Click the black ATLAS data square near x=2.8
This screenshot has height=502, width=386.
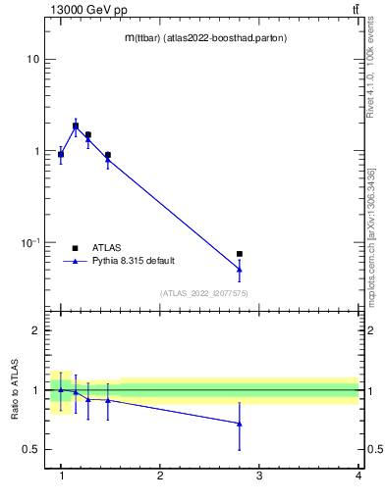coord(240,254)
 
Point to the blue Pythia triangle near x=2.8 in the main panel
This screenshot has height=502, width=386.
coord(240,269)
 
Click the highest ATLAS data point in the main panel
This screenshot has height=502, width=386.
coord(76,125)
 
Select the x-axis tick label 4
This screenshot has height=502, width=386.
coord(358,476)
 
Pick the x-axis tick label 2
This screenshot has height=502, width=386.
coord(160,476)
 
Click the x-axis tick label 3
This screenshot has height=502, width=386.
coord(259,476)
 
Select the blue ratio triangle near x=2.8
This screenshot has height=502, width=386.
coord(240,424)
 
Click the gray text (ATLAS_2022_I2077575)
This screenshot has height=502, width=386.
coord(204,293)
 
